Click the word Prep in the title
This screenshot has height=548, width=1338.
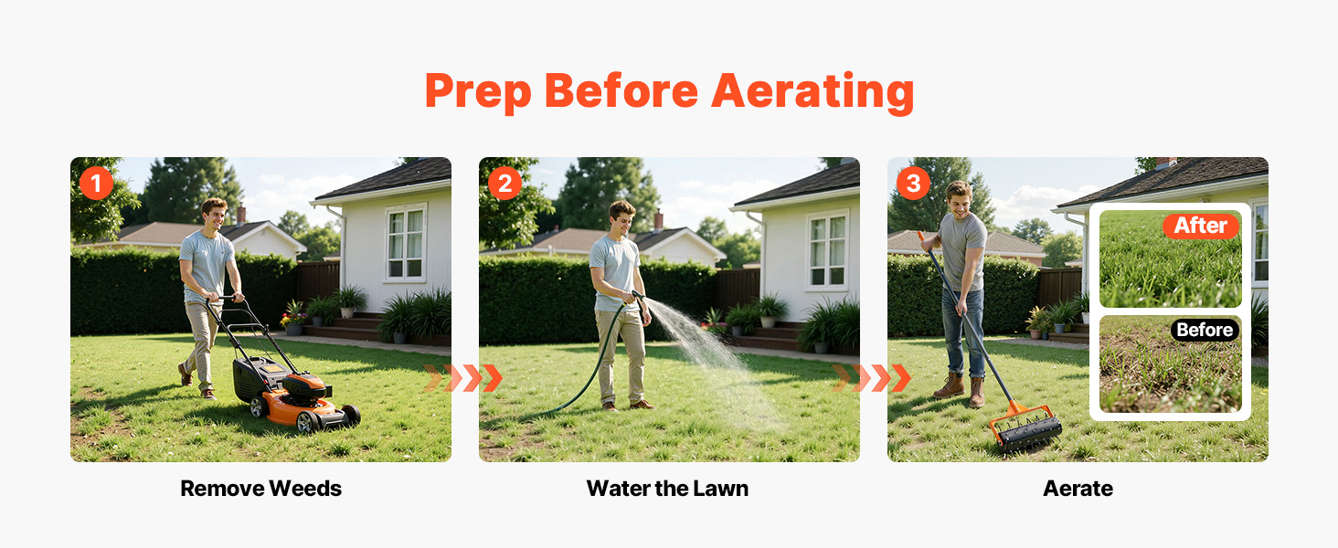click(478, 90)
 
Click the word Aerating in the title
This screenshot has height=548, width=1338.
click(812, 90)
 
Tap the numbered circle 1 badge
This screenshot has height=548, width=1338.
click(96, 184)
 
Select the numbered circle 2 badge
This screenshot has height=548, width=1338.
click(504, 184)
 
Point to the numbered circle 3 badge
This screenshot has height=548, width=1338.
click(913, 184)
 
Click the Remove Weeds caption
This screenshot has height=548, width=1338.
click(261, 489)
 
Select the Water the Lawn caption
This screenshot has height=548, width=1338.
click(667, 489)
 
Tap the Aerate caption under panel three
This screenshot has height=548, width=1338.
click(1078, 489)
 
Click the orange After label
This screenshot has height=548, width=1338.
click(1201, 226)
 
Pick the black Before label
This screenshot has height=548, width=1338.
click(1205, 330)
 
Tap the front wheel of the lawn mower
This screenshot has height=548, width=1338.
click(306, 421)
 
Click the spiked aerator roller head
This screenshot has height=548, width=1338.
click(1028, 432)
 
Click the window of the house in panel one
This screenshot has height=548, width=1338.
click(406, 244)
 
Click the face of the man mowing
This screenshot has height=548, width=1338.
click(216, 216)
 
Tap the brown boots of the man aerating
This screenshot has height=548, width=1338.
click(960, 390)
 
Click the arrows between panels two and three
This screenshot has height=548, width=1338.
click(872, 378)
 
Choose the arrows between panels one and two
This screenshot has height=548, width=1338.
click(463, 378)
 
